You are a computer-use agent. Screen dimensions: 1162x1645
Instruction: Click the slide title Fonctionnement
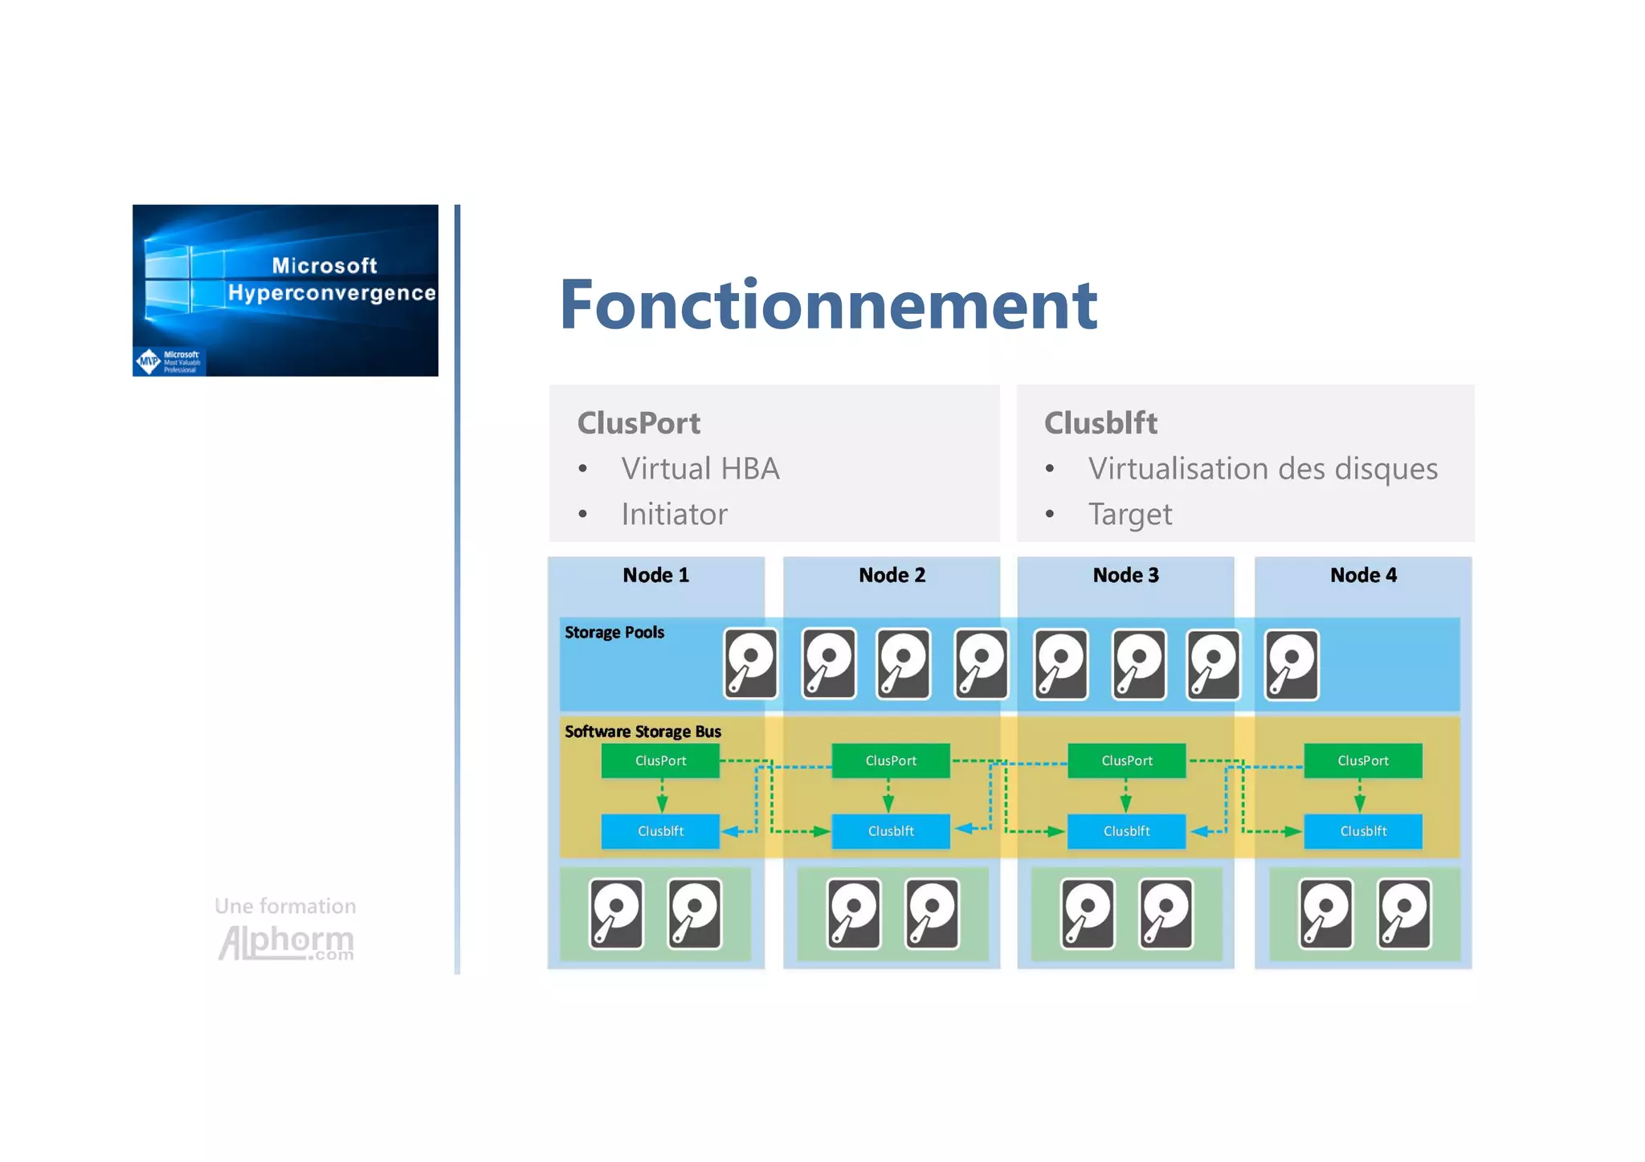pyautogui.click(x=827, y=304)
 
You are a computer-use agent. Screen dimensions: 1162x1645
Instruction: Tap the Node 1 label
pyautogui.click(x=655, y=575)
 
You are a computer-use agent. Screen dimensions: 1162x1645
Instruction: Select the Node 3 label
pyautogui.click(x=1125, y=575)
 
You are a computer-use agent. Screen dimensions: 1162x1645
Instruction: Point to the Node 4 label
pyautogui.click(x=1363, y=575)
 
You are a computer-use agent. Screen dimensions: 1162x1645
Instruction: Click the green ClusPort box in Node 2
pyautogui.click(x=890, y=760)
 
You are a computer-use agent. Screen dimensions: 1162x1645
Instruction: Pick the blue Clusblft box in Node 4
pyautogui.click(x=1362, y=831)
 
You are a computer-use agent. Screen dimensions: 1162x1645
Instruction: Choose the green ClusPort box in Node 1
pyautogui.click(x=660, y=760)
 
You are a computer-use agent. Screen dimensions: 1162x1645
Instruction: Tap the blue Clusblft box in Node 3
pyautogui.click(x=1126, y=831)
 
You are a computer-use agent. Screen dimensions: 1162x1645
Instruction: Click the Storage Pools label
pyautogui.click(x=614, y=632)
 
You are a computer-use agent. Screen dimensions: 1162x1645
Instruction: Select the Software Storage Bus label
pyautogui.click(x=643, y=732)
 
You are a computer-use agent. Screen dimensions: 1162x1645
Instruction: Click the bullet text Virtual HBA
pyautogui.click(x=700, y=469)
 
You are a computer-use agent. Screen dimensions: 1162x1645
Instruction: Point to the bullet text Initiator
pyautogui.click(x=674, y=514)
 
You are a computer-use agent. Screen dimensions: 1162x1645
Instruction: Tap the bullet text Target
pyautogui.click(x=1129, y=514)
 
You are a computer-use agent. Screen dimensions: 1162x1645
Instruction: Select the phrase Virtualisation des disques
pyautogui.click(x=1262, y=469)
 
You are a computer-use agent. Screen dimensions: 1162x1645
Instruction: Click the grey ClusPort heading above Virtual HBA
pyautogui.click(x=639, y=423)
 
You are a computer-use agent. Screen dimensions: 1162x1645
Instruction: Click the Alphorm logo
pyautogui.click(x=286, y=941)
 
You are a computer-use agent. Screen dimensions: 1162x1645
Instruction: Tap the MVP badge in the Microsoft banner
pyautogui.click(x=149, y=361)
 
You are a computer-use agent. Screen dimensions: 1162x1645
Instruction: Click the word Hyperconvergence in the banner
pyautogui.click(x=331, y=293)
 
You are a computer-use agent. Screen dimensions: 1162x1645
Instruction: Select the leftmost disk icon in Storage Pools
pyautogui.click(x=750, y=663)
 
